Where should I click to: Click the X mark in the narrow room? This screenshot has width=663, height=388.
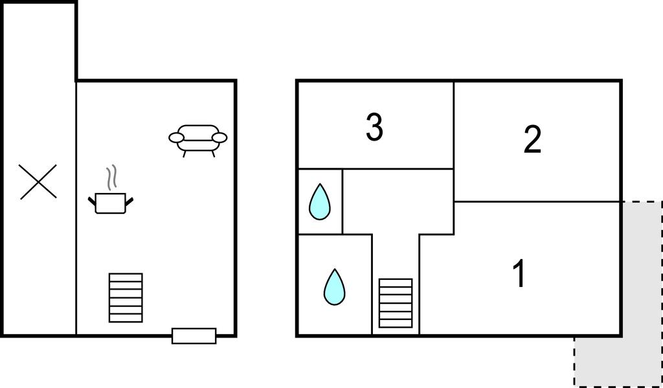[38, 181]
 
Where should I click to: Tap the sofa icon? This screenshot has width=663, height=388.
[198, 141]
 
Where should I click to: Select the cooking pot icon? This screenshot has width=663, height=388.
[110, 203]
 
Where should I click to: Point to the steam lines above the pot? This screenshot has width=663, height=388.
[111, 176]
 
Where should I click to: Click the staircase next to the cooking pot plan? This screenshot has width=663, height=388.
[126, 297]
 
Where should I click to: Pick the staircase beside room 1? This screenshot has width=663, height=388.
[396, 303]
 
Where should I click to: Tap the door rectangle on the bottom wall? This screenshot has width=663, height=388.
[194, 336]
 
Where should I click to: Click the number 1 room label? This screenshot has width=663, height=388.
[519, 273]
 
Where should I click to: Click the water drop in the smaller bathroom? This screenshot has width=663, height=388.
[320, 202]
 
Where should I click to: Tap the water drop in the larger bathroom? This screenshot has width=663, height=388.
[335, 287]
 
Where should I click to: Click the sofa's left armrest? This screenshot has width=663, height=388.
[176, 137]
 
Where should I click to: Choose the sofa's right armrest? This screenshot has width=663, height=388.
[219, 137]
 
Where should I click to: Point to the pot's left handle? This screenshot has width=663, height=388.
[92, 201]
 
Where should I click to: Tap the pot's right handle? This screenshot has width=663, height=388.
[129, 201]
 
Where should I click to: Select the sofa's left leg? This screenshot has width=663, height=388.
[185, 154]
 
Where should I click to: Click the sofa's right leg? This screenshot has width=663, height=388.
[212, 154]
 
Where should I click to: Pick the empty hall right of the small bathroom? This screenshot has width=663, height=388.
[398, 201]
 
